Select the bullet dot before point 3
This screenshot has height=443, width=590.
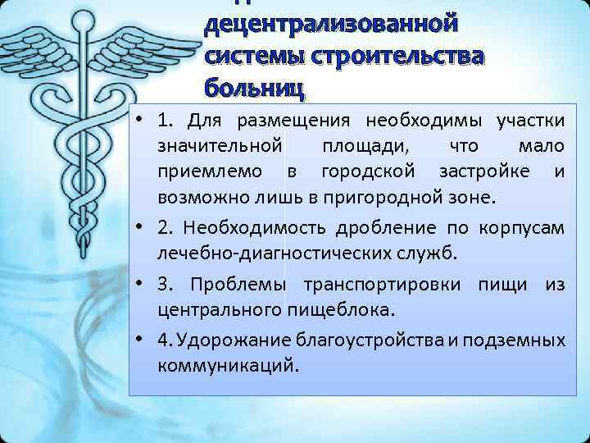click(x=142, y=283)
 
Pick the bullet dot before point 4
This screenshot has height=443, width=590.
click(x=142, y=337)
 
